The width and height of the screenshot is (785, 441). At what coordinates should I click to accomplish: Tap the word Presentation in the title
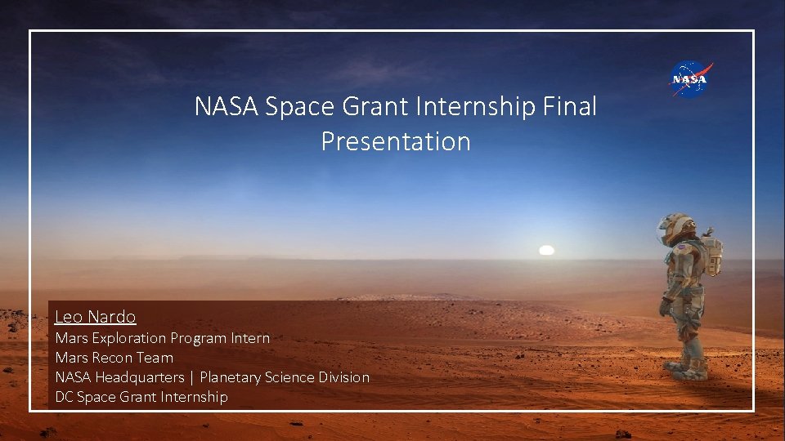click(396, 141)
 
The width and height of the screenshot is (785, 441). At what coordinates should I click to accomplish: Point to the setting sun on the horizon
click(547, 250)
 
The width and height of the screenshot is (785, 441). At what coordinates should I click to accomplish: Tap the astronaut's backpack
click(712, 255)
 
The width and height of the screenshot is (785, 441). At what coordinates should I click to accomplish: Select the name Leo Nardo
click(95, 317)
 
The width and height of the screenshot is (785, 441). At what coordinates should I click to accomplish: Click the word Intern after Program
click(249, 337)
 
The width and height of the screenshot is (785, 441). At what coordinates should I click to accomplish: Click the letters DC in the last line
click(64, 397)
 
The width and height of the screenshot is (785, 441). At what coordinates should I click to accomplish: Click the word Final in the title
click(572, 106)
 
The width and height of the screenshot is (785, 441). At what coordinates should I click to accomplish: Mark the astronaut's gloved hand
click(665, 308)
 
